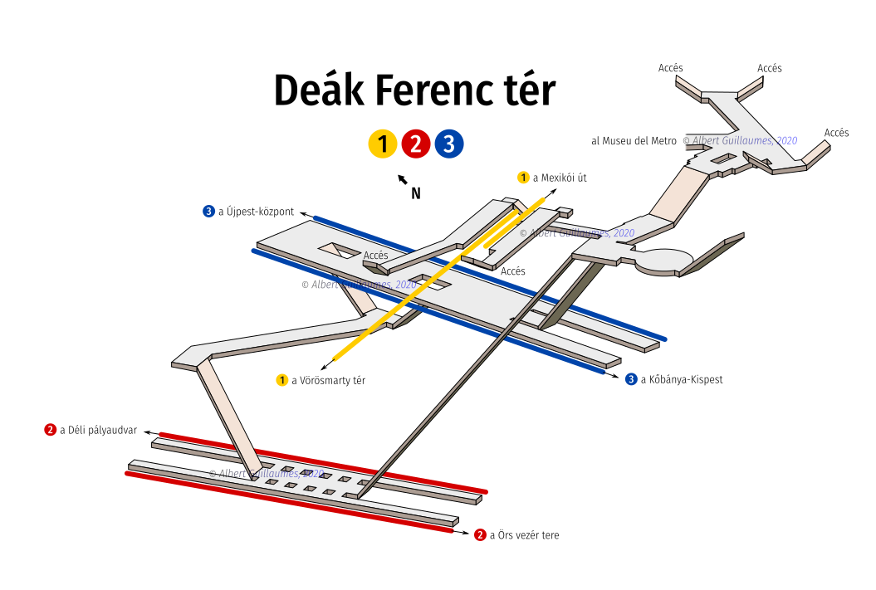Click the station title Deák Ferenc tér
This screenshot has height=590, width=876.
(x=414, y=90)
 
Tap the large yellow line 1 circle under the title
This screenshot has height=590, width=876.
(x=383, y=144)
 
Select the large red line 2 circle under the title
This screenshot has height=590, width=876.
(x=416, y=144)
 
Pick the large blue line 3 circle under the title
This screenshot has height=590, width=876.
(x=449, y=144)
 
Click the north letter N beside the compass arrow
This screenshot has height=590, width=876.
(x=416, y=193)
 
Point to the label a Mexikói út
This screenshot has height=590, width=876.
(x=560, y=178)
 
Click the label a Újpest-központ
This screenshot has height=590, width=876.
(x=256, y=212)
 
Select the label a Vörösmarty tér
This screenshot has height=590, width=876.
(x=329, y=381)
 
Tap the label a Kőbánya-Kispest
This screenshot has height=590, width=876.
(x=682, y=379)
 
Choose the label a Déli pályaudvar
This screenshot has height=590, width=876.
(x=98, y=431)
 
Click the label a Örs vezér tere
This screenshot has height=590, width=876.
(x=524, y=535)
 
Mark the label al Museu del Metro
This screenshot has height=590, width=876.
(x=634, y=141)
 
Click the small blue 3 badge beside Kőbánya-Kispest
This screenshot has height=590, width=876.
(x=631, y=379)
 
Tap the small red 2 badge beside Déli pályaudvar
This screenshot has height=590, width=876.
(x=51, y=430)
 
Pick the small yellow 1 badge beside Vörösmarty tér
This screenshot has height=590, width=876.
(x=282, y=380)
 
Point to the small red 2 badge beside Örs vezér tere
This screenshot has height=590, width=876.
(x=480, y=535)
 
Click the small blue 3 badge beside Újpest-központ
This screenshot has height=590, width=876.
(x=209, y=212)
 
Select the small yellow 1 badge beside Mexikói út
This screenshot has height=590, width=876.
(x=523, y=178)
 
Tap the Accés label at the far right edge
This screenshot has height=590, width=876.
(x=836, y=133)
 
